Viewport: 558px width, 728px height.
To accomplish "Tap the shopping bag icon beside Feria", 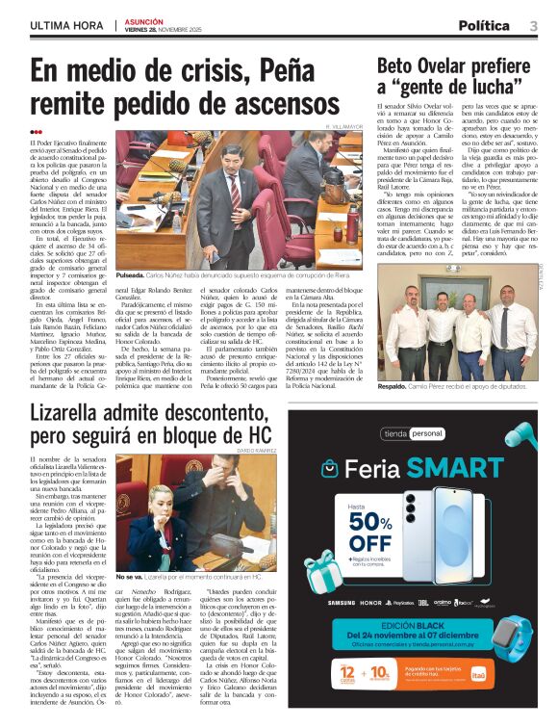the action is click(330, 469).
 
